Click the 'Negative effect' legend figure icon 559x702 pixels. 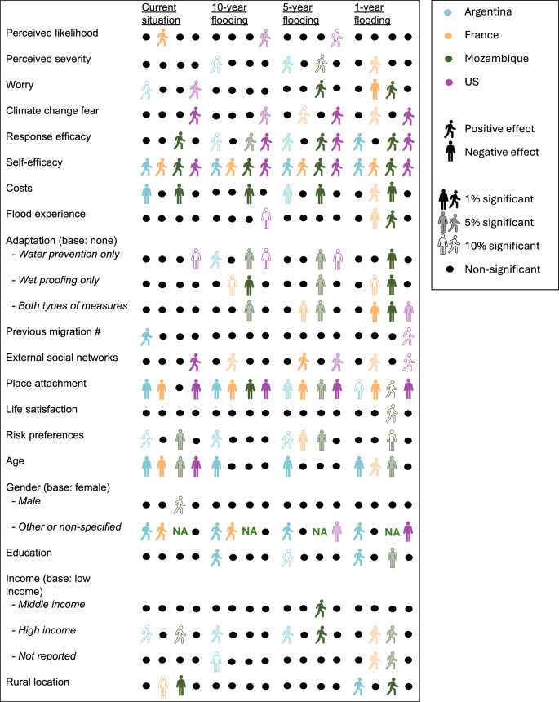(450, 152)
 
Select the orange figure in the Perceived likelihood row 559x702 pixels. (162, 38)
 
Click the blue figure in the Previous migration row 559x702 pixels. (145, 335)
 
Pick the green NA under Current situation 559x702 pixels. (181, 531)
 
